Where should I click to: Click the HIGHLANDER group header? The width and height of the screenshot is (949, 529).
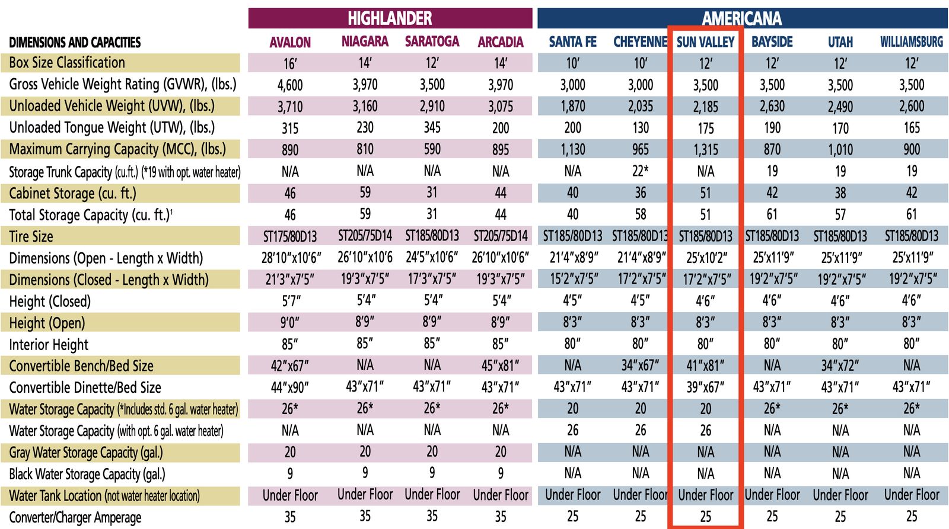(x=390, y=18)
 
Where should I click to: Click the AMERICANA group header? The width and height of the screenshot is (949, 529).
(x=741, y=18)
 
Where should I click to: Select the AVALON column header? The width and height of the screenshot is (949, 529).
(x=290, y=42)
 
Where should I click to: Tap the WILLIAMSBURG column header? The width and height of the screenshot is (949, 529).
(x=912, y=42)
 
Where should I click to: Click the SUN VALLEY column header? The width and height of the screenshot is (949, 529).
(x=705, y=42)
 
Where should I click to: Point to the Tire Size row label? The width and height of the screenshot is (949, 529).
(x=31, y=236)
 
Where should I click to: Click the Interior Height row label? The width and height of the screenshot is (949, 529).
(x=49, y=345)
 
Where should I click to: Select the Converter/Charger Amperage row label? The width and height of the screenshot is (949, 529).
(x=75, y=518)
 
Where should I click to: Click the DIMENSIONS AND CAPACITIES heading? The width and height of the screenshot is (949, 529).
(x=75, y=42)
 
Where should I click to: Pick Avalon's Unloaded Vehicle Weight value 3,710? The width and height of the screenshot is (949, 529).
(x=290, y=107)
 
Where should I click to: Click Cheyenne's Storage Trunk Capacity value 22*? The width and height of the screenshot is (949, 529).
(x=640, y=171)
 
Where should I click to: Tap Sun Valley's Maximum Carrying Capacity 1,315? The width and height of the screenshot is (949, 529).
(x=705, y=150)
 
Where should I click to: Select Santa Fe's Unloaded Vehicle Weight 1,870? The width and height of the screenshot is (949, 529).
(x=572, y=106)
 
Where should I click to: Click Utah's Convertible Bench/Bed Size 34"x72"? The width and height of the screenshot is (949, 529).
(x=840, y=366)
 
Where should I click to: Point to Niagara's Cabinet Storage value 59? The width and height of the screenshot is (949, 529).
(x=365, y=193)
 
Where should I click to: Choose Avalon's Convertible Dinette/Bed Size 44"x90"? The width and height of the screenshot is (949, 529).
(x=290, y=387)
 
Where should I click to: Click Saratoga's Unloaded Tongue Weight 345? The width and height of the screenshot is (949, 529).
(x=432, y=127)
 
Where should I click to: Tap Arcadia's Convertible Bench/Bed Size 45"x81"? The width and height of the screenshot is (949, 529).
(x=501, y=366)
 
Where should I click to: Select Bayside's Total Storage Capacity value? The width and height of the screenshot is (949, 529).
(x=772, y=214)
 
